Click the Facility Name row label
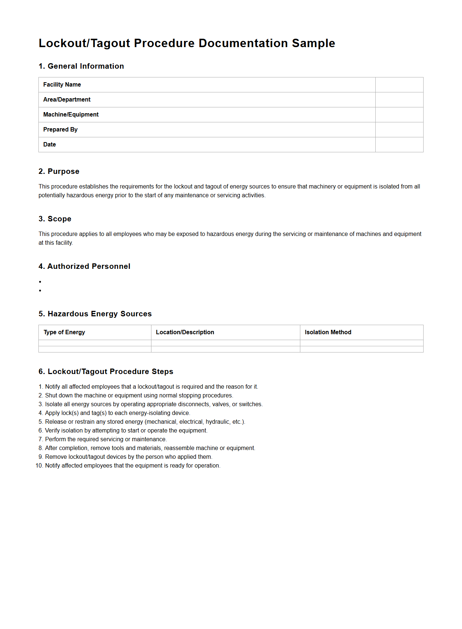(62, 85)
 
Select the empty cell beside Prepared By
(399, 130)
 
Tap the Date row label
(49, 145)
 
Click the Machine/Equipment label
(71, 115)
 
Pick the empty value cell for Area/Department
(399, 100)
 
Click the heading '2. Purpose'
(59, 171)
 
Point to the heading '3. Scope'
(55, 219)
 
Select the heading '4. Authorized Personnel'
(84, 266)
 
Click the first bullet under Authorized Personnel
(40, 282)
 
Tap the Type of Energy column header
(64, 332)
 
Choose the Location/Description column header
(185, 332)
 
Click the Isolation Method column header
(328, 332)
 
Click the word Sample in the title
(313, 43)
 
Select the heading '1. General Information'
(81, 66)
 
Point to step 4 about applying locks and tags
(117, 413)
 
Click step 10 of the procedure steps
(132, 466)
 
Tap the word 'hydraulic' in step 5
(217, 422)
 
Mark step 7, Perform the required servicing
(105, 439)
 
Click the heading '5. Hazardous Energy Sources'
(95, 314)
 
